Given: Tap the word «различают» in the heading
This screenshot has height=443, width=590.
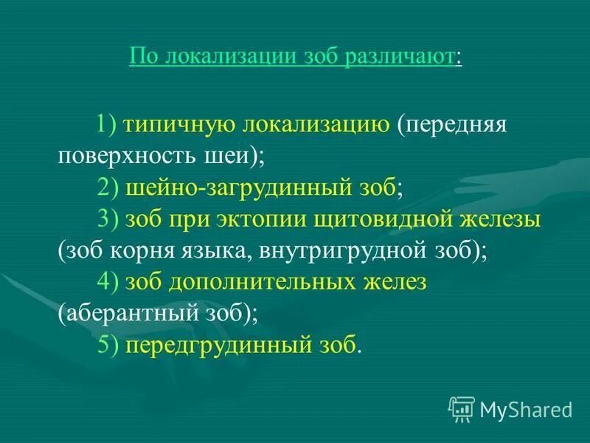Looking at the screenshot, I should [399, 57].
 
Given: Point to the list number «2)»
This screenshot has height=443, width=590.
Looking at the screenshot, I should [108, 188].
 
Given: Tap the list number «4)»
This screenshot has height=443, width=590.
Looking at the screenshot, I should [108, 283].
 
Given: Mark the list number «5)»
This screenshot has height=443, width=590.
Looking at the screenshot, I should [108, 346].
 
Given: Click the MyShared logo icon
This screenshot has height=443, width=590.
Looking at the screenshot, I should [461, 408].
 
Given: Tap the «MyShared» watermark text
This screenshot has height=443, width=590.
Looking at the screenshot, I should [525, 409].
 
